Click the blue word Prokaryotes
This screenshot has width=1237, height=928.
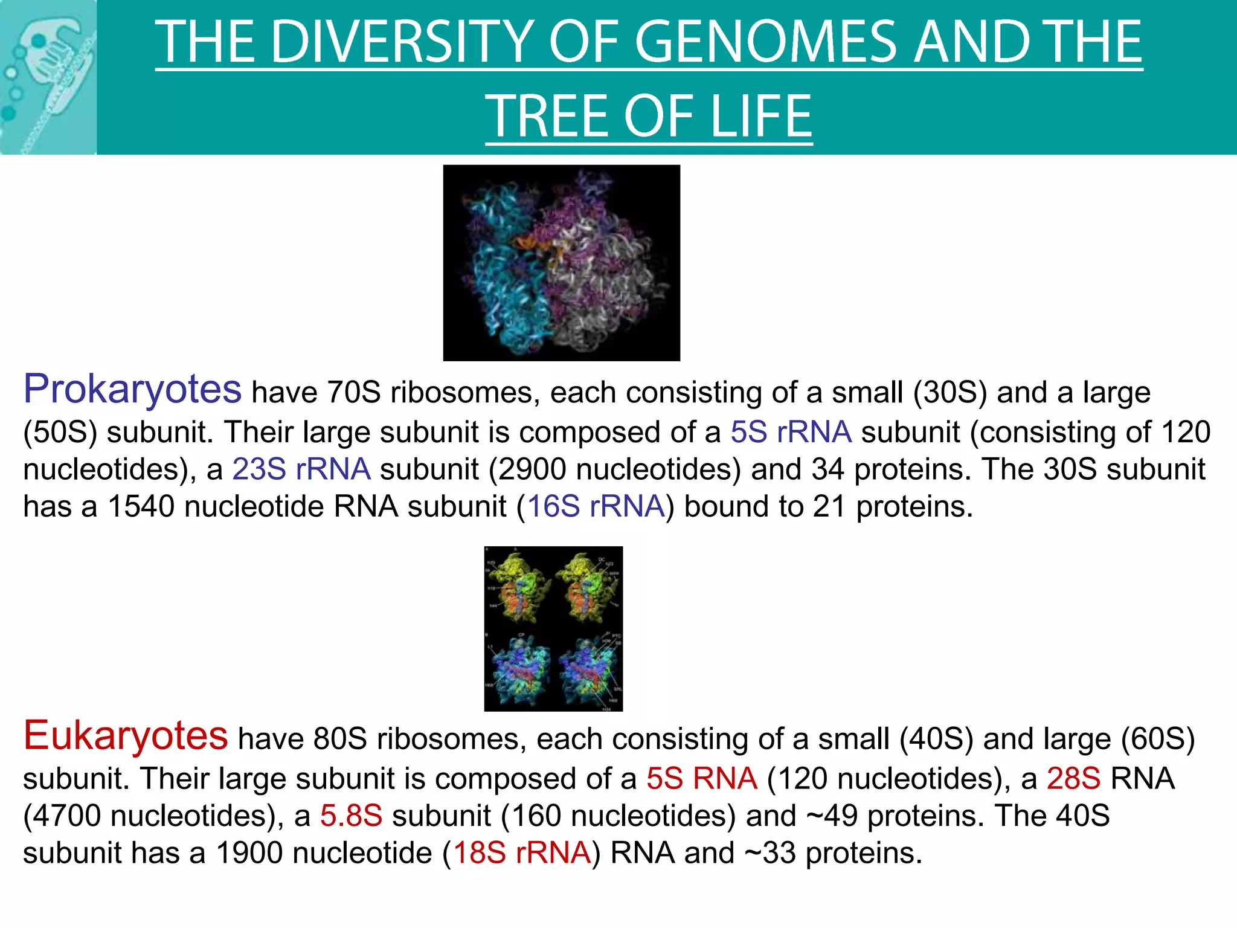tap(132, 390)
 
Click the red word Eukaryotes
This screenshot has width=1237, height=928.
tap(126, 736)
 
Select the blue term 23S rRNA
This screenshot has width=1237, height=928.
tap(301, 469)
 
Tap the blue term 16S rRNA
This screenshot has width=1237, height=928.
tap(596, 506)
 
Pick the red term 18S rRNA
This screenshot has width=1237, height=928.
tap(522, 853)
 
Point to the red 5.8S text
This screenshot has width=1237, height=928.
tap(351, 816)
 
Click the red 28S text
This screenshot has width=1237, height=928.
tap(1073, 778)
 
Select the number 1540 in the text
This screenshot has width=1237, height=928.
tap(141, 506)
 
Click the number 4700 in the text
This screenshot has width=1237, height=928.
tap(66, 816)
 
